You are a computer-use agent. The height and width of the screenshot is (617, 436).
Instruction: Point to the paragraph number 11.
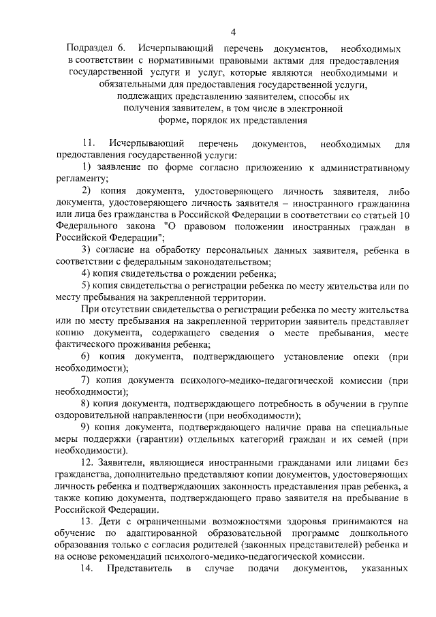88,145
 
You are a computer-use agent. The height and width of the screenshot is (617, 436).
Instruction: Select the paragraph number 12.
88,463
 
